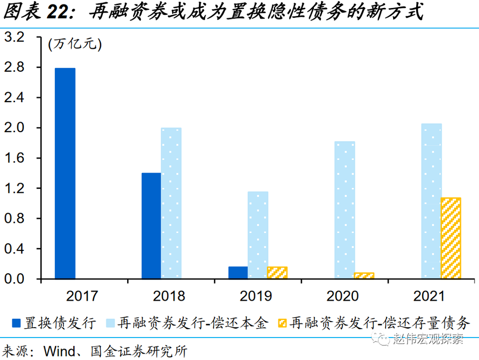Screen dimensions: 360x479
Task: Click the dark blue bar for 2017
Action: [65, 174]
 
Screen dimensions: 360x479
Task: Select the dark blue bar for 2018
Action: [151, 226]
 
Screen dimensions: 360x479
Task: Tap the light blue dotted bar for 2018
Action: [171, 203]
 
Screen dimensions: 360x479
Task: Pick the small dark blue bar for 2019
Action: [238, 273]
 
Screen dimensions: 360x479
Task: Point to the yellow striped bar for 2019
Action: [277, 273]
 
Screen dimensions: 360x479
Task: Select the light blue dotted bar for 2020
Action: [345, 210]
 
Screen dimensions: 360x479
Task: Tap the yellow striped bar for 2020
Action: [364, 276]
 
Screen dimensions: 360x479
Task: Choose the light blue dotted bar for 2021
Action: [432, 201]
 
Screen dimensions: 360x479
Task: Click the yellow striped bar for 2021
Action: [451, 238]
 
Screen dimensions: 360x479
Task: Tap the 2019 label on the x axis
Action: [257, 296]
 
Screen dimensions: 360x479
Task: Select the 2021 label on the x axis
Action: [431, 296]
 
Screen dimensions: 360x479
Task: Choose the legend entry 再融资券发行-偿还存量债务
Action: [379, 323]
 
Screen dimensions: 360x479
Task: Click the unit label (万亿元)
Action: [75, 45]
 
